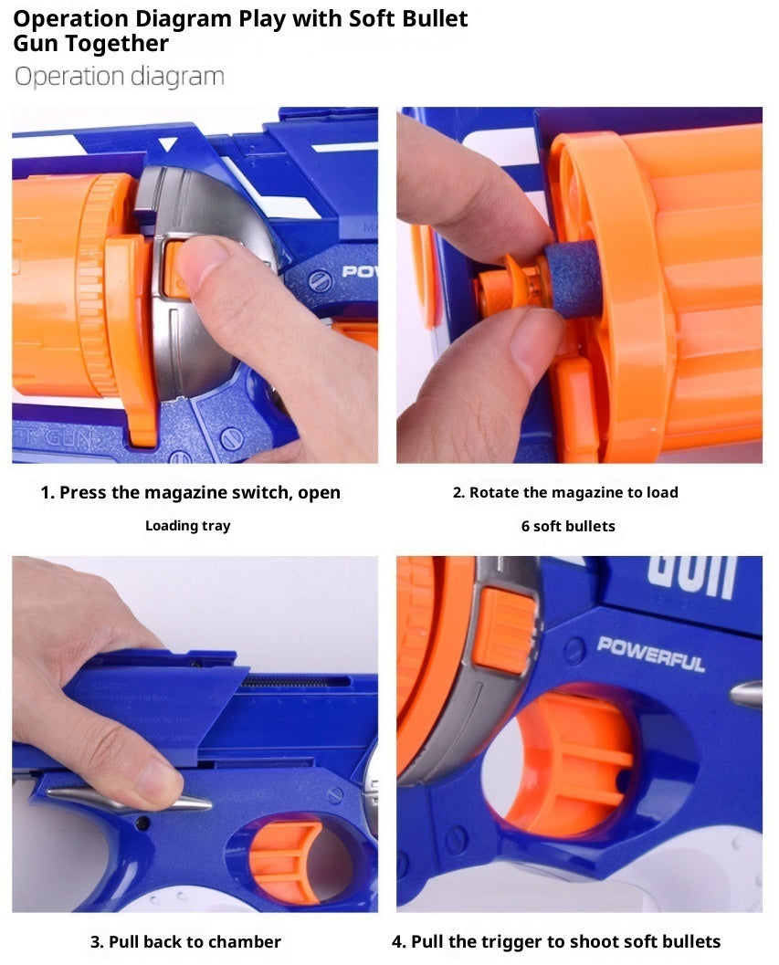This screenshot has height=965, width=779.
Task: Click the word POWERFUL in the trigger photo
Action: tap(650, 654)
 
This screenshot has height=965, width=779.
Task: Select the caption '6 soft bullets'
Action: tap(567, 526)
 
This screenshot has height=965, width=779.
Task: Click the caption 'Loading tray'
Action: tap(187, 526)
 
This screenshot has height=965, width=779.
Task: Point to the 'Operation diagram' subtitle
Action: tap(119, 77)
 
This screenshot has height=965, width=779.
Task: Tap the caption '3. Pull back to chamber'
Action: tap(185, 941)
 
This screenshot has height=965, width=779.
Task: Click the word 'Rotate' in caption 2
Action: tap(494, 492)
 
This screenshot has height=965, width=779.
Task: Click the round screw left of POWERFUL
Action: tap(574, 651)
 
